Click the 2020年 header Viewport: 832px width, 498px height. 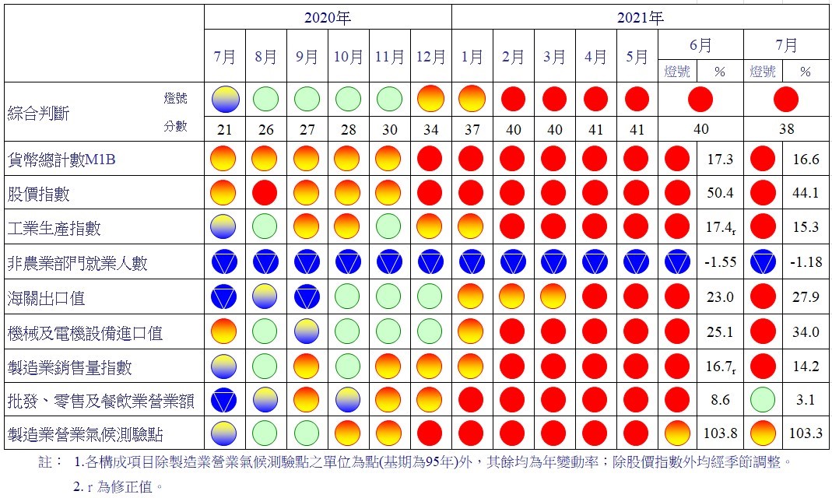[327, 17]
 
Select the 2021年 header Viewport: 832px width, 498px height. [641, 17]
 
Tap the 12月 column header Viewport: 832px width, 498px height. [430, 57]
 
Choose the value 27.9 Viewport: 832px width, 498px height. [805, 298]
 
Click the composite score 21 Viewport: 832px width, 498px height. [224, 129]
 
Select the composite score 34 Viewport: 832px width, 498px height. [430, 129]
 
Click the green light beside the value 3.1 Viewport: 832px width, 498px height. [763, 399]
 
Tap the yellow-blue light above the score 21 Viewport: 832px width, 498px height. [225, 99]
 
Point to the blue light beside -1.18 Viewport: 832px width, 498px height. [763, 263]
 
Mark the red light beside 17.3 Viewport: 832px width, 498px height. [677, 159]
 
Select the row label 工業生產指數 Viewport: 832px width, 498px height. [54, 229]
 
